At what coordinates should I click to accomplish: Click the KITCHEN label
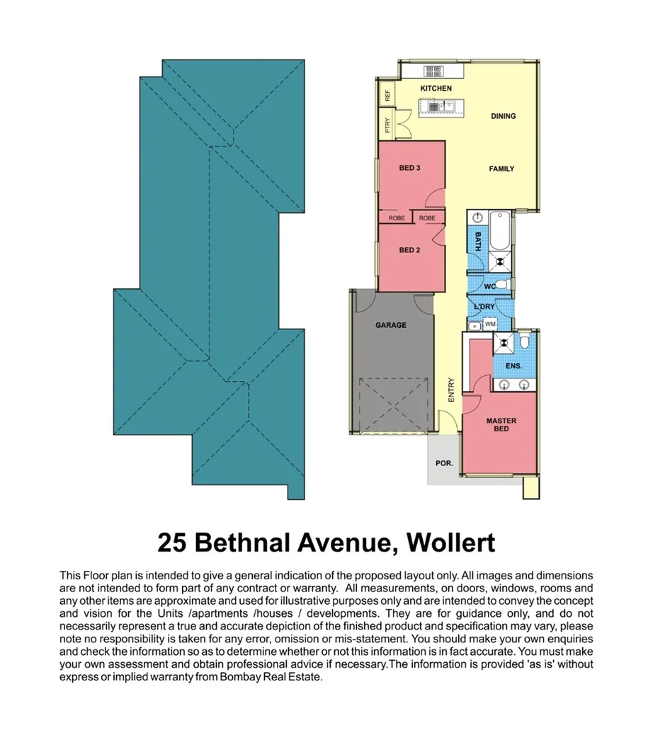pyautogui.click(x=436, y=88)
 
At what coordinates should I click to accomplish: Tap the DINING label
pyautogui.click(x=503, y=116)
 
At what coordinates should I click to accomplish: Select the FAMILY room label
pyautogui.click(x=501, y=169)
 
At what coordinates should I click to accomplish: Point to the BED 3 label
pyautogui.click(x=410, y=168)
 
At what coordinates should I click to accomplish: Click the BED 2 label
pyautogui.click(x=410, y=250)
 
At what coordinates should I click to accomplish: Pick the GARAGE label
pyautogui.click(x=391, y=325)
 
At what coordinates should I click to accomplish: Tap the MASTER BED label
pyautogui.click(x=501, y=425)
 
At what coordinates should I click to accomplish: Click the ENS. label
pyautogui.click(x=514, y=366)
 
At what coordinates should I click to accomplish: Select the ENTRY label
pyautogui.click(x=451, y=391)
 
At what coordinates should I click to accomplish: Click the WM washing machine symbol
pyautogui.click(x=490, y=324)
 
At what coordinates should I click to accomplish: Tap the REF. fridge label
pyautogui.click(x=387, y=94)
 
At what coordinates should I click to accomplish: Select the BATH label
pyautogui.click(x=478, y=242)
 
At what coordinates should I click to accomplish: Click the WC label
pyautogui.click(x=489, y=287)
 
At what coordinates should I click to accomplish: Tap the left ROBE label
pyautogui.click(x=397, y=218)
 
